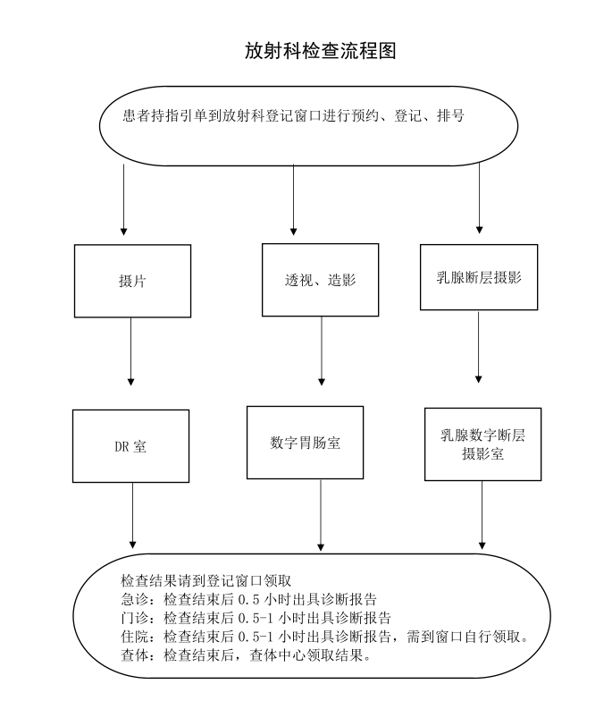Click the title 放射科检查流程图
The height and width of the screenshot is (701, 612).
click(320, 50)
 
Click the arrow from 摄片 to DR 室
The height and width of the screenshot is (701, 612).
click(130, 351)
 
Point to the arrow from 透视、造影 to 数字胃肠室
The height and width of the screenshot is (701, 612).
click(322, 350)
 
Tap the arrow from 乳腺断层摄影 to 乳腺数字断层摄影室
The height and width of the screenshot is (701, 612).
click(479, 347)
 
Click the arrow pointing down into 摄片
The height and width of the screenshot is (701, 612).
click(123, 200)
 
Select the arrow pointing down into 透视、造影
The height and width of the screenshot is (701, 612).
click(293, 199)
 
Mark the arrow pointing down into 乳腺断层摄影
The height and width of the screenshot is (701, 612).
click(479, 198)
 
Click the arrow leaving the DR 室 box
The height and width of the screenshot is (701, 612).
click(132, 516)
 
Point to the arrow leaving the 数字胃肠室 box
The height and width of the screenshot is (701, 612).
click(320, 515)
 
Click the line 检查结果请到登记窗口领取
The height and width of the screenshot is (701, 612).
click(205, 580)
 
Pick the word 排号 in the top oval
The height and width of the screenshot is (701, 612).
click(450, 116)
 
